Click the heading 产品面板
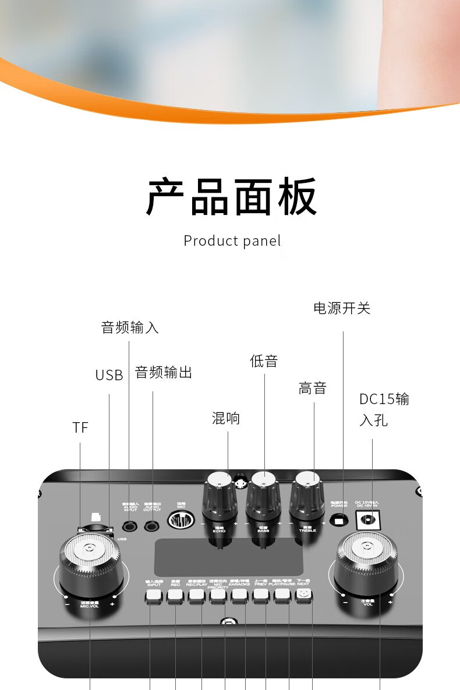[232, 197]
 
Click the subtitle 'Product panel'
[232, 240]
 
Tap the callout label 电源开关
[342, 308]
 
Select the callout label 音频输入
[130, 327]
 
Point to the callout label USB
[109, 376]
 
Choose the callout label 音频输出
[164, 372]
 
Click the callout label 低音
[264, 361]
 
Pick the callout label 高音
[313, 388]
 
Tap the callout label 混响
[226, 418]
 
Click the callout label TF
[80, 427]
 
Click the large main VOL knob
[366, 560]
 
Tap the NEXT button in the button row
[303, 595]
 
